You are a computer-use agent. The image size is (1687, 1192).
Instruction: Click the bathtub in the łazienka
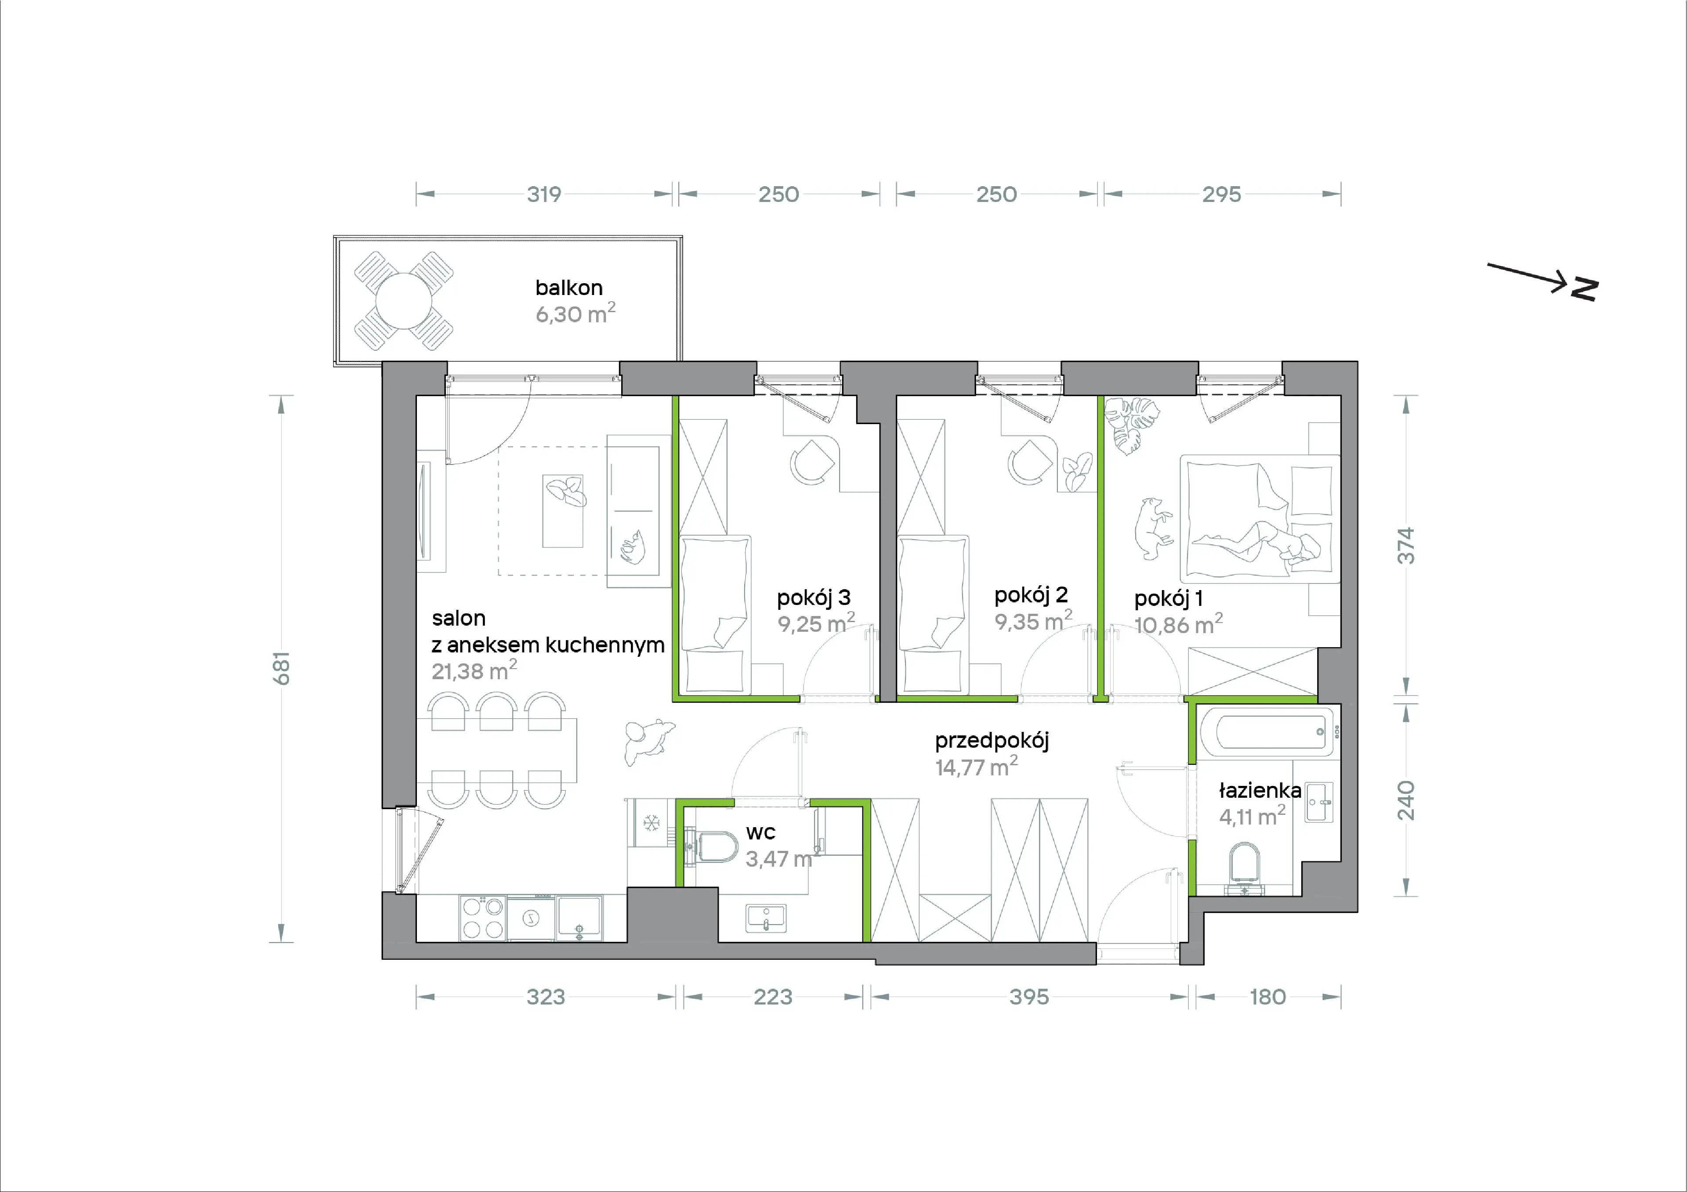coord(1267,731)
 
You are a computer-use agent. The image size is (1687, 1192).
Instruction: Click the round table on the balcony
coord(403,301)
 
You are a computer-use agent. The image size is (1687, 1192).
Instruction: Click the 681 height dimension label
coord(282,668)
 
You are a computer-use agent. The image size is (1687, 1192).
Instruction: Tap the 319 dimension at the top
coord(544,194)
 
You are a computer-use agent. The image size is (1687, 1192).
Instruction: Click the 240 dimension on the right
coord(1405,800)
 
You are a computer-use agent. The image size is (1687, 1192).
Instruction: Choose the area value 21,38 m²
coord(474,670)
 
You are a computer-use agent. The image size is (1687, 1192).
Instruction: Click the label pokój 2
coord(1031,595)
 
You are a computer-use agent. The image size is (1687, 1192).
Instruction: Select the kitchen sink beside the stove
coord(579,918)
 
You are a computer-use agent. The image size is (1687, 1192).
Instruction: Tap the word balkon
coord(568,288)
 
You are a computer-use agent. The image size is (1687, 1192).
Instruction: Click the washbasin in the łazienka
coord(1319,802)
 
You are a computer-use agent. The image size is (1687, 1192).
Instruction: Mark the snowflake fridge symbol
coord(651,823)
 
